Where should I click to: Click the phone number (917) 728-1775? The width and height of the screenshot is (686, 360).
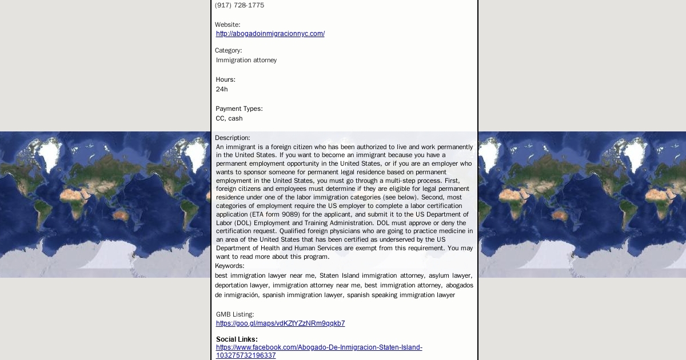pyautogui.click(x=240, y=5)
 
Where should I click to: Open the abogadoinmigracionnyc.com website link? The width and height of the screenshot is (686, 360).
pyautogui.click(x=270, y=34)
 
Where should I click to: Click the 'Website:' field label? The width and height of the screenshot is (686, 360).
pyautogui.click(x=228, y=25)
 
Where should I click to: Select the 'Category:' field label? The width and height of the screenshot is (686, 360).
pyautogui.click(x=228, y=50)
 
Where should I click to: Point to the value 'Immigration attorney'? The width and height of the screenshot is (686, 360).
pyautogui.click(x=246, y=60)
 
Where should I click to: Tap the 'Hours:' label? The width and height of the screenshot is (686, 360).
pyautogui.click(x=225, y=79)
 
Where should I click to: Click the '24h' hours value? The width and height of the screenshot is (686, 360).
pyautogui.click(x=222, y=89)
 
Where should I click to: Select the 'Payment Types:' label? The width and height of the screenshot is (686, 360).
pyautogui.click(x=239, y=109)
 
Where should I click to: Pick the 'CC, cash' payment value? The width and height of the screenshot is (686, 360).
pyautogui.click(x=229, y=118)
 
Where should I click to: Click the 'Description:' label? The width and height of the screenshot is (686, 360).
pyautogui.click(x=232, y=138)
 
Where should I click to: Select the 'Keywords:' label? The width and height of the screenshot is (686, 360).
pyautogui.click(x=229, y=266)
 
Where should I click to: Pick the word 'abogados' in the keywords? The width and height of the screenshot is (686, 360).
pyautogui.click(x=460, y=285)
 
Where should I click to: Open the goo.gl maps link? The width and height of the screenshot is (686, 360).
pyautogui.click(x=280, y=323)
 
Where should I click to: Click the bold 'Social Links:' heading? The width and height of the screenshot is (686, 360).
pyautogui.click(x=237, y=339)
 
